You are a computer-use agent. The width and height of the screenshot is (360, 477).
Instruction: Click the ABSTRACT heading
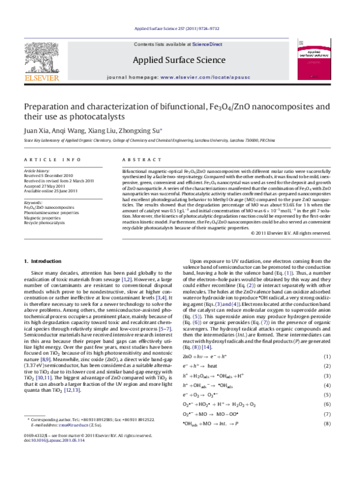coord(138,159)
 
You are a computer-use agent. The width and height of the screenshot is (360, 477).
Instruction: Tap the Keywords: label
coord(34,202)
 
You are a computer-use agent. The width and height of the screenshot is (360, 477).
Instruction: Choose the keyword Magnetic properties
coord(45,217)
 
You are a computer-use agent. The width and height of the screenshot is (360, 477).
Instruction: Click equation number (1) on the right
coord(328,357)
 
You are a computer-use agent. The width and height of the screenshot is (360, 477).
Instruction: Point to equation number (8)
coord(328,424)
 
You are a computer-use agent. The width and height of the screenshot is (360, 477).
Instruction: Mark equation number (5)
coord(328,395)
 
